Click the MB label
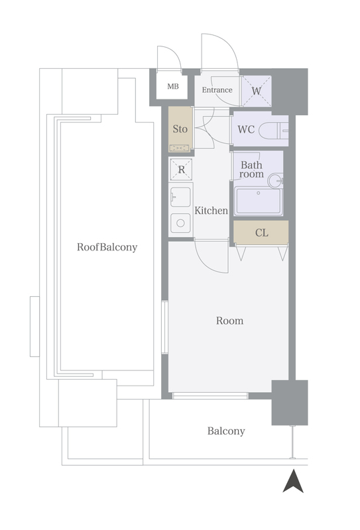(173, 87)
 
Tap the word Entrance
(217, 90)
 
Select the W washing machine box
(256, 91)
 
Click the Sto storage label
(180, 129)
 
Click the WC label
(246, 129)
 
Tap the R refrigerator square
(182, 170)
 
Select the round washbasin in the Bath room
(275, 181)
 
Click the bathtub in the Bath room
(259, 201)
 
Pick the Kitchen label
(211, 211)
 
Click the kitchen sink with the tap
(180, 197)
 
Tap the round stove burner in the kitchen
(180, 223)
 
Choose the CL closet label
(261, 233)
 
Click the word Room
(230, 321)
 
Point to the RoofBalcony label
(107, 247)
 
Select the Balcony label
(226, 431)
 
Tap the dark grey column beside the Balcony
(290, 403)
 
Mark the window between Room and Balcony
(210, 396)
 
